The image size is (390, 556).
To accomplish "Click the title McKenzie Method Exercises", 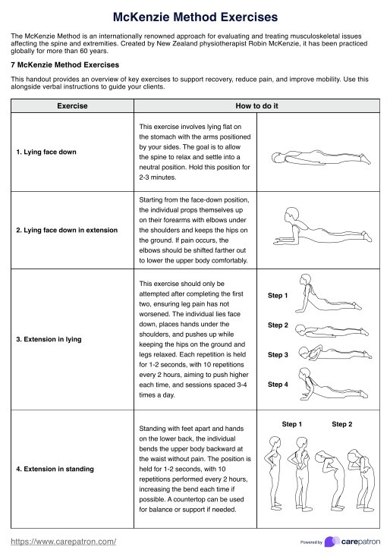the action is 195,17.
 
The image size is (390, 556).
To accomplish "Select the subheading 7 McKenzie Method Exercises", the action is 65,65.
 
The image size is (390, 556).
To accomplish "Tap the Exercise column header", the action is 72,106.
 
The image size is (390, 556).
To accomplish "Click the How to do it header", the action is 256,106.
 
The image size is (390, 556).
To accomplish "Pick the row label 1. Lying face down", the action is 46,152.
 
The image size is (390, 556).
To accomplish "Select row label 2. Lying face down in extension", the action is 67,230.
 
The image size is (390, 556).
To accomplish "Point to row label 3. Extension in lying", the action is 49,339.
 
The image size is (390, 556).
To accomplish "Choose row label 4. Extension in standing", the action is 55,469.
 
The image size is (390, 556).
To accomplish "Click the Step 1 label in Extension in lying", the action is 278,295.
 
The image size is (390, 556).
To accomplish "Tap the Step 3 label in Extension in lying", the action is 278,354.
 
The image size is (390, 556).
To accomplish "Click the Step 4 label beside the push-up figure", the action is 278,385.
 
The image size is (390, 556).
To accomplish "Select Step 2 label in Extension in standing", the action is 341,424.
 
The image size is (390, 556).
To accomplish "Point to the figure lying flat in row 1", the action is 321,158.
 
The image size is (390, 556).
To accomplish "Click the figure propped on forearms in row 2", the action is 322,227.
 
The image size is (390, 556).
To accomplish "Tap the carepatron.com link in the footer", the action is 64,542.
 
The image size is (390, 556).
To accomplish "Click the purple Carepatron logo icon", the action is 332,542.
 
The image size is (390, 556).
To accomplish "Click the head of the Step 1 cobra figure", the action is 305,279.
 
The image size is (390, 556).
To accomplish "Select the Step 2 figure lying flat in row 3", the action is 332,330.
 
